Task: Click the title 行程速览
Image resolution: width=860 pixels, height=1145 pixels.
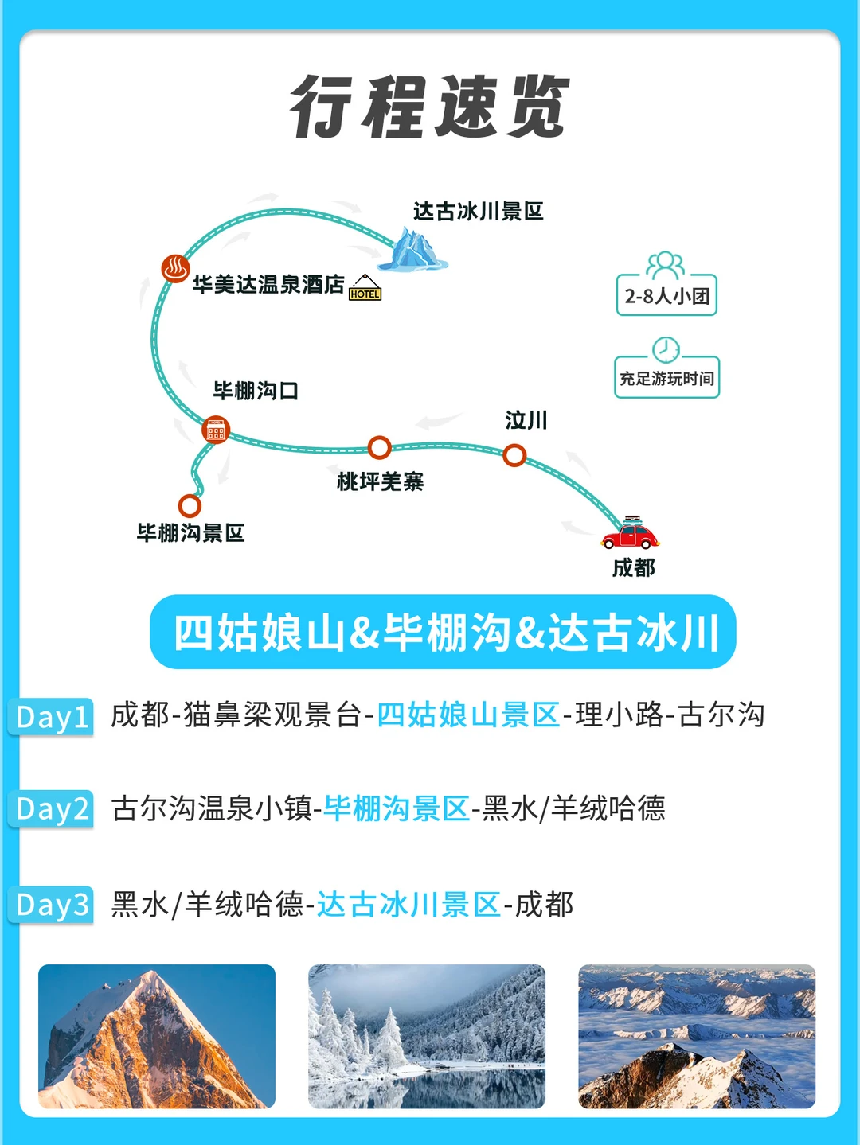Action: pos(430,107)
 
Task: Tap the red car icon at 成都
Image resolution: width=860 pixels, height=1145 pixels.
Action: pos(630,533)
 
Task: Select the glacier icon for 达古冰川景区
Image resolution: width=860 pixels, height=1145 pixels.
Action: pos(412,250)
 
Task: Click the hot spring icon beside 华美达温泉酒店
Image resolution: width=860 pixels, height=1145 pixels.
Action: pos(175,268)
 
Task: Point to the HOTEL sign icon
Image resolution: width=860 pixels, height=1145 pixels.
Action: pos(365,288)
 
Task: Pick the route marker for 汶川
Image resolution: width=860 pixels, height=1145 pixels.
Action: pos(514,455)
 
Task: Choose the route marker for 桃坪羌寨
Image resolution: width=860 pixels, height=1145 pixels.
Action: pos(379,448)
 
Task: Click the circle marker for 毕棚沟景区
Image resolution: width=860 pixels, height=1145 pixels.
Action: pos(190,505)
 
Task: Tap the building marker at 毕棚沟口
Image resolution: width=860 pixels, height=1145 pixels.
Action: pos(215,430)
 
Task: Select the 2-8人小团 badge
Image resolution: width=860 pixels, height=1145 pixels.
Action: pos(666,295)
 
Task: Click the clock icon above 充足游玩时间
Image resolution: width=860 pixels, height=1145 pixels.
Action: pos(666,350)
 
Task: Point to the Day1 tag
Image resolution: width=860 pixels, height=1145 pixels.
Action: pos(53,716)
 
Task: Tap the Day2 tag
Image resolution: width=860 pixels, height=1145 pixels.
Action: pos(53,809)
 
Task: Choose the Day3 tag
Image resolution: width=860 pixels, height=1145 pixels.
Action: pos(53,905)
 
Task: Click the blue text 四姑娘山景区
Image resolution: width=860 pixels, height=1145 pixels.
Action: pos(468,715)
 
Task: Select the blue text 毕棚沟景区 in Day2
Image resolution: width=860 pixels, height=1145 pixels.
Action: pos(397,808)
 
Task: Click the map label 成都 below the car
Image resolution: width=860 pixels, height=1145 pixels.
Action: pos(633,567)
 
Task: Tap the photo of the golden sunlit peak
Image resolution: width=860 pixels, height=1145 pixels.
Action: pos(157,1036)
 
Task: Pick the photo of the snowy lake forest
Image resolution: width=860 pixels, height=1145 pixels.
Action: pos(427,1036)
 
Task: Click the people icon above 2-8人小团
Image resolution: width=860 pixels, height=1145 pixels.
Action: pos(666,264)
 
